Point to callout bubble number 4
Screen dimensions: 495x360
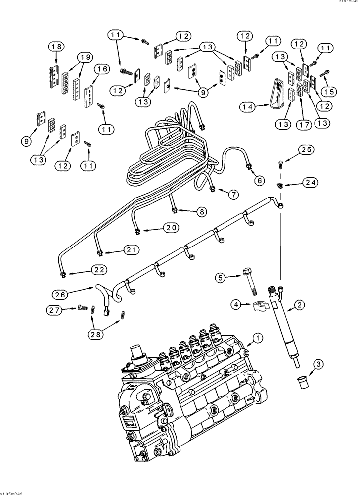click(236, 305)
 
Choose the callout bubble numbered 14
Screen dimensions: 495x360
click(248, 106)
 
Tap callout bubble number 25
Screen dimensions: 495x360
click(306, 150)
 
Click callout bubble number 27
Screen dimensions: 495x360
click(55, 310)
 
